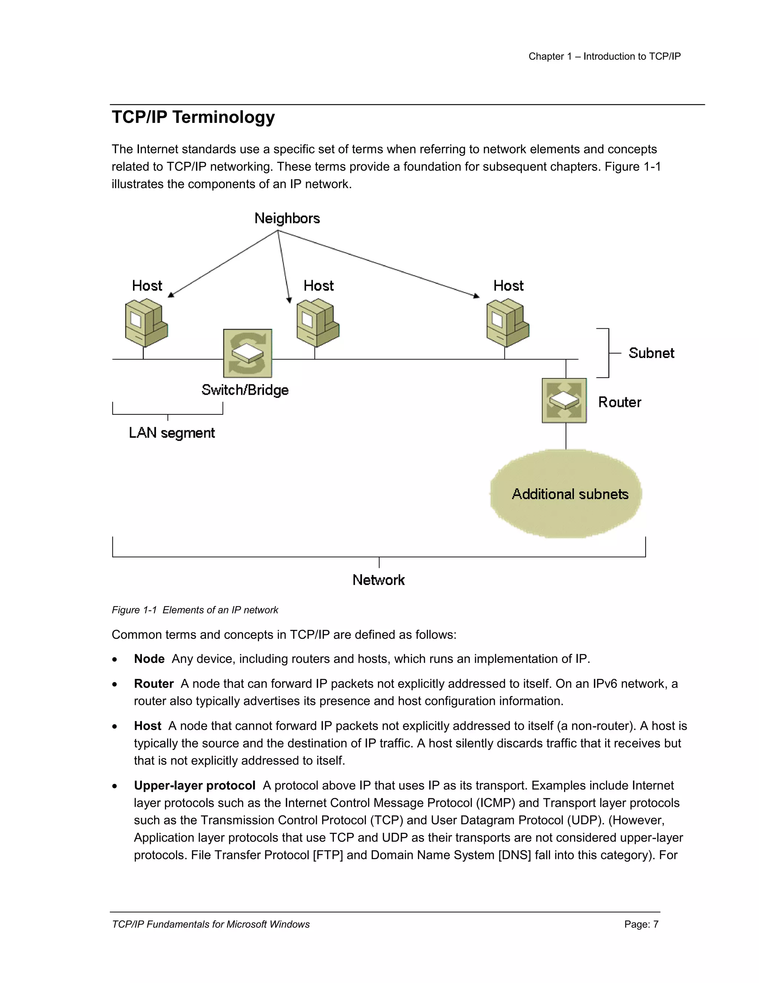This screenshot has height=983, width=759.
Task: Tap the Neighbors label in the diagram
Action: tap(287, 218)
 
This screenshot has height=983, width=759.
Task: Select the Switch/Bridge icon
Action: tap(248, 353)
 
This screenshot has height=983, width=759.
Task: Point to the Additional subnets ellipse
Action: tap(566, 494)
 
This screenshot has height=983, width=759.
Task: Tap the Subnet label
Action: tap(651, 353)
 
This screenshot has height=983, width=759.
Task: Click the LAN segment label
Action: tap(172, 433)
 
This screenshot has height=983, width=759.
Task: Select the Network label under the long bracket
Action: tap(379, 580)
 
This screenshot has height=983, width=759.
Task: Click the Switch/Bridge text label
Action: tap(245, 390)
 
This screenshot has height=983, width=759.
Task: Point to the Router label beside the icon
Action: tap(620, 402)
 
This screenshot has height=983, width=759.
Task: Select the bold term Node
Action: tap(149, 659)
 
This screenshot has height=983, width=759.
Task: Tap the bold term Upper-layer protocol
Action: tap(194, 785)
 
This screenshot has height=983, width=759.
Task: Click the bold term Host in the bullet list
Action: tap(148, 726)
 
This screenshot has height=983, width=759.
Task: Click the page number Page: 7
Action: tap(641, 924)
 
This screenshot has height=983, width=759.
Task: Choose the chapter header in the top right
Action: tap(604, 56)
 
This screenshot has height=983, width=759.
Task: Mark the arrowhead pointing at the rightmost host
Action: tap(477, 296)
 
